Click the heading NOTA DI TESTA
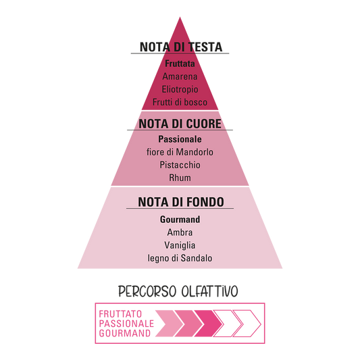tap(181, 47)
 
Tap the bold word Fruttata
tap(180, 63)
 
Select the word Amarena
tap(180, 76)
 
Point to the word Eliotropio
tap(180, 89)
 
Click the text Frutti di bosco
tap(180, 102)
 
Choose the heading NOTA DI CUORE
tap(180, 124)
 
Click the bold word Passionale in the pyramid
tap(180, 139)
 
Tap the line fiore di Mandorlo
tap(180, 152)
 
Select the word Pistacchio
tap(180, 165)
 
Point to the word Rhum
tap(180, 178)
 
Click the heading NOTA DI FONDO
tap(181, 202)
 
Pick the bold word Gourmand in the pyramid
tap(180, 220)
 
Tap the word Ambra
tap(180, 232)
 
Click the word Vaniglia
tap(180, 245)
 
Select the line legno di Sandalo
tap(180, 258)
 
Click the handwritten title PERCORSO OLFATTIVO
tap(178, 292)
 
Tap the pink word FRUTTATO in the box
tap(120, 314)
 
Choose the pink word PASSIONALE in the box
tap(126, 324)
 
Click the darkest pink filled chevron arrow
tap(209, 324)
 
